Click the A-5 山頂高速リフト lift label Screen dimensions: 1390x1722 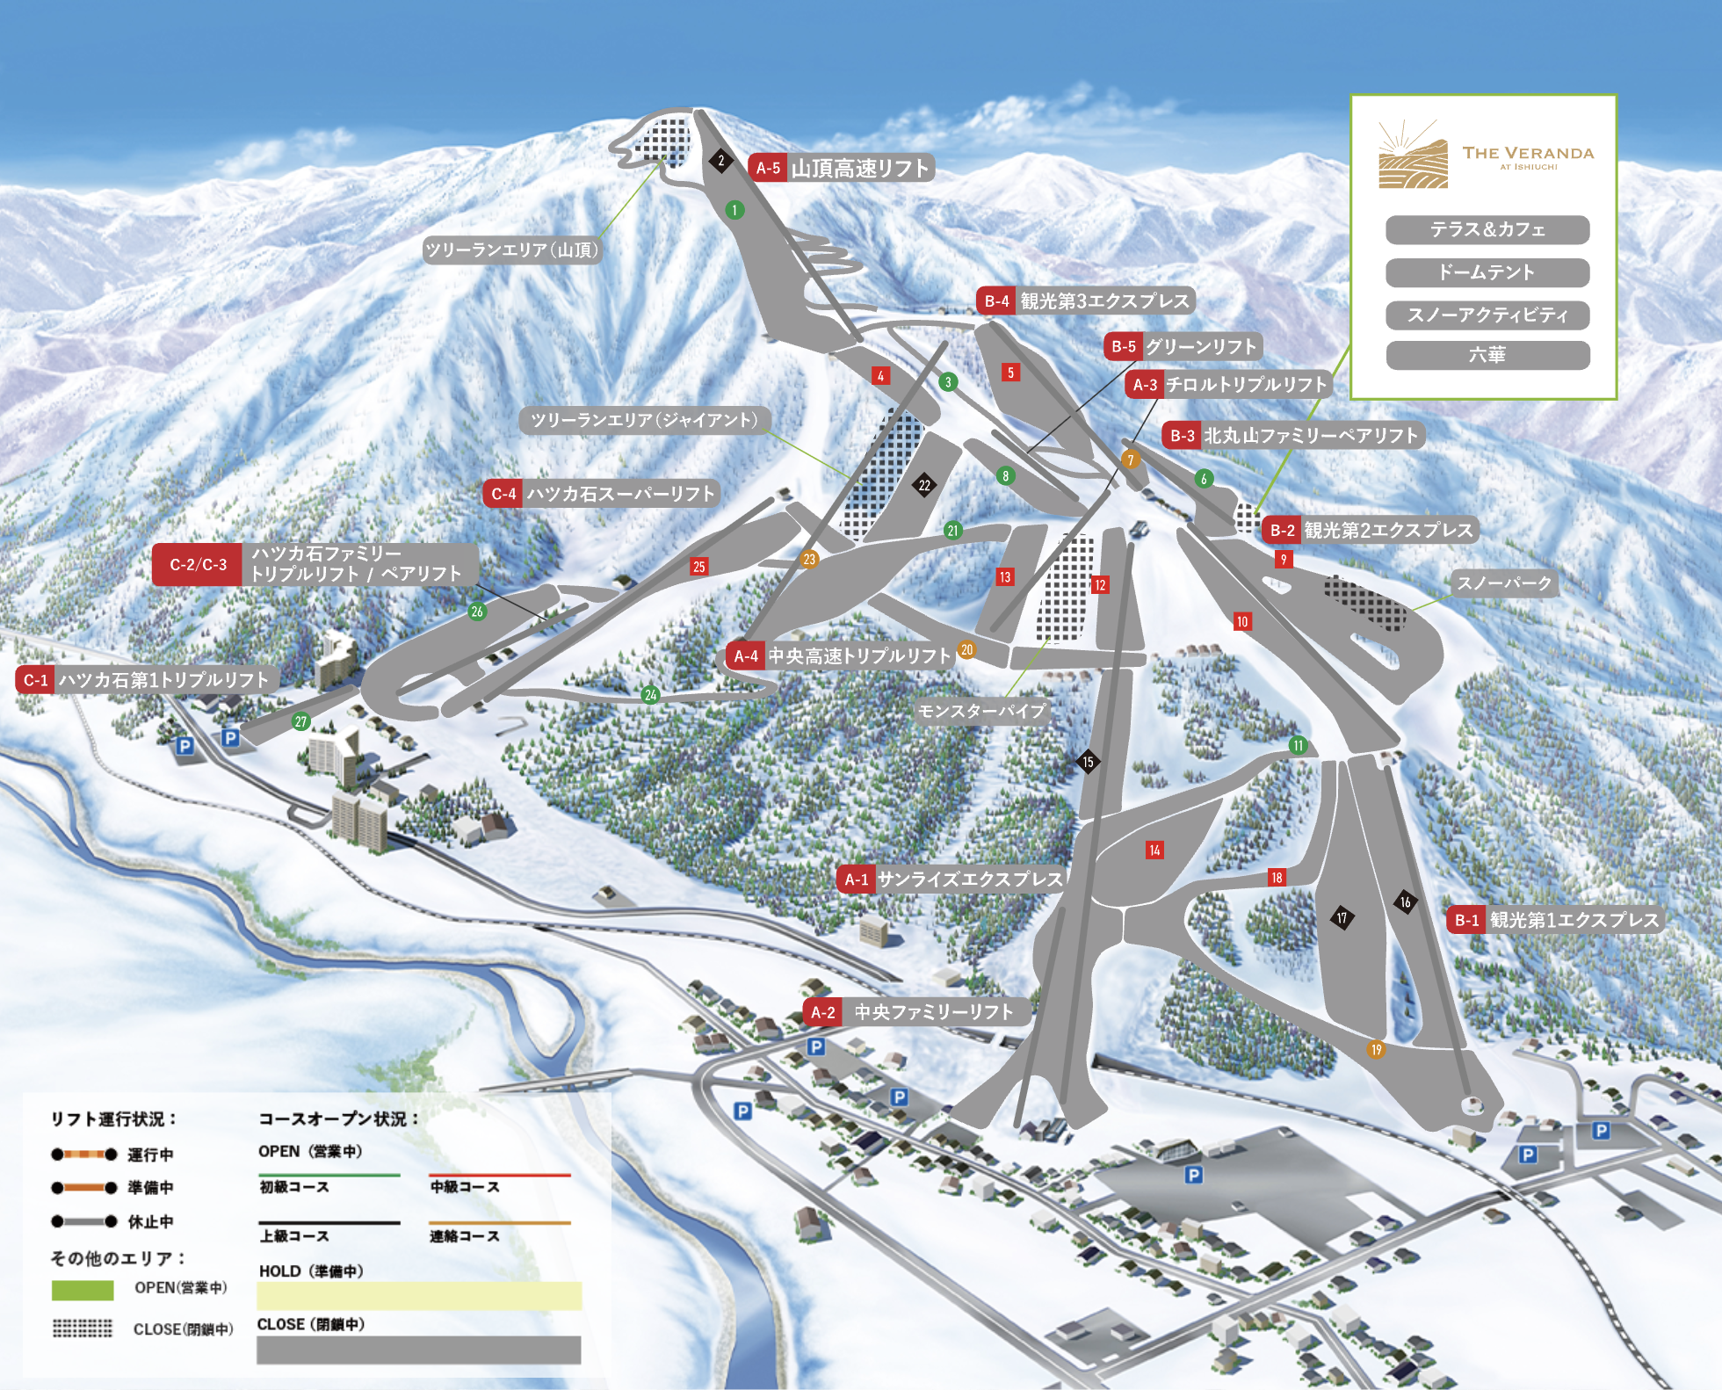841,168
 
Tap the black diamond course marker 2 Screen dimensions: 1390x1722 721,161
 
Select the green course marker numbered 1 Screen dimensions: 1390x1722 734,210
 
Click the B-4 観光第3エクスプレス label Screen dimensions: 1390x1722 1085,301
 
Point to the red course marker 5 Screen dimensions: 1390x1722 1010,373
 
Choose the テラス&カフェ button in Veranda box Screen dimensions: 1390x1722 1487,230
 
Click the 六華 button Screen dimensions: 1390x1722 1487,355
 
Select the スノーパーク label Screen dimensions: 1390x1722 1504,583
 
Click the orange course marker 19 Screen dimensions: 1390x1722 1376,1049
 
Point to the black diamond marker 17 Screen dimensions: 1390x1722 1342,918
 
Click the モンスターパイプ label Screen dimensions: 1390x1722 981,711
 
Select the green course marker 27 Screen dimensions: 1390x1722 300,722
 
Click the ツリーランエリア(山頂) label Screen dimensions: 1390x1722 511,250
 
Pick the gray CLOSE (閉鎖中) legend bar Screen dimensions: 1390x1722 418,1350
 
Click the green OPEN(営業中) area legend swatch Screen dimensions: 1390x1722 83,1290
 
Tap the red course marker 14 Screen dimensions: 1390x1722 1154,850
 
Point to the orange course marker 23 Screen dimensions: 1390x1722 809,559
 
